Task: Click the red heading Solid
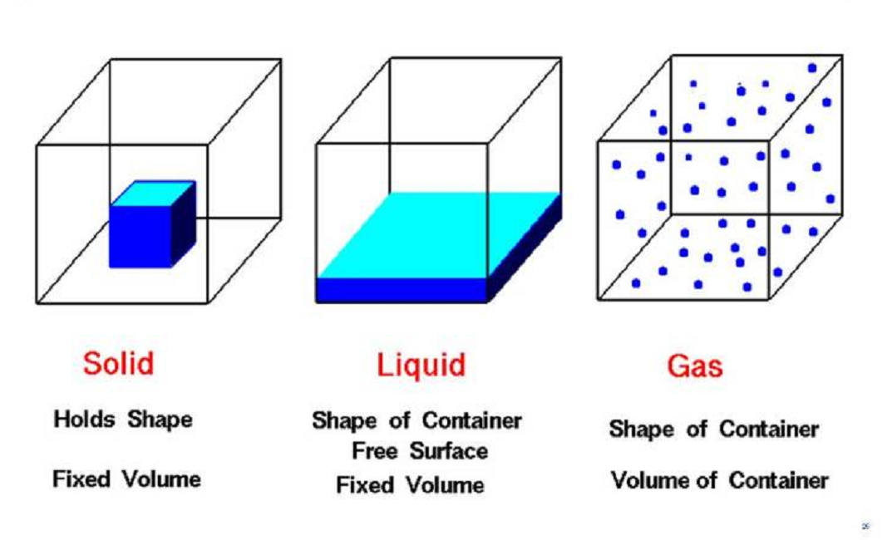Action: point(119,364)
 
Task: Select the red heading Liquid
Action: point(421,365)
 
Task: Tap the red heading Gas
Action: point(694,366)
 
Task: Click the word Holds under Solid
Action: point(84,420)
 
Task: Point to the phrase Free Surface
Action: point(419,452)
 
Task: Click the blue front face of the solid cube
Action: point(140,236)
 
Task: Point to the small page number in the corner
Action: point(865,526)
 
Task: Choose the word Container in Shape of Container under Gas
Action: point(769,430)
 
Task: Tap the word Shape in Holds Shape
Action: point(160,420)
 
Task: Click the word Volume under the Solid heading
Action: point(162,479)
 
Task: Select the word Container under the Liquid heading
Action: point(471,421)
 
